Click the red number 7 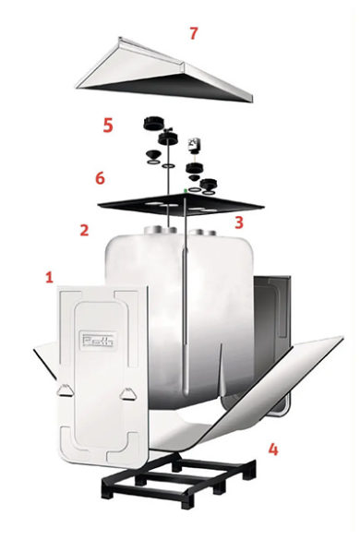tap(193, 34)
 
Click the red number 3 tap(239, 222)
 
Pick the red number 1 tap(50, 276)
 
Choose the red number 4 tap(272, 450)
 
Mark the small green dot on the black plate tap(186, 189)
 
